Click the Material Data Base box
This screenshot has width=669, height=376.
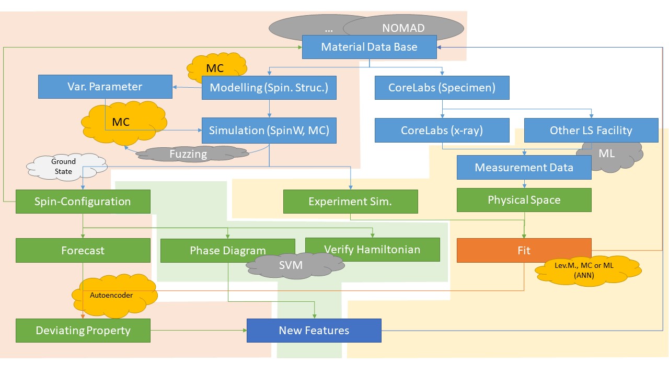[x=370, y=47]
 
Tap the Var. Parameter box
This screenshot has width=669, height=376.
[x=105, y=86]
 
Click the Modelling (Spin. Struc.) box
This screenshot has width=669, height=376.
[x=269, y=87]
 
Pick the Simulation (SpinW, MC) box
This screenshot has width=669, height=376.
[x=269, y=131]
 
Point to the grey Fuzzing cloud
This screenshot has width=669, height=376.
[x=188, y=154]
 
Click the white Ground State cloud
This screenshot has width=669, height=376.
[x=64, y=167]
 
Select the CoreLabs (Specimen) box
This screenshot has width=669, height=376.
[x=442, y=87]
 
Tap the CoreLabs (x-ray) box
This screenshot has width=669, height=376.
[x=442, y=131]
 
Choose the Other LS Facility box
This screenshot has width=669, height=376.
[x=591, y=131]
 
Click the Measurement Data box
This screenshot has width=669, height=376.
[x=524, y=168]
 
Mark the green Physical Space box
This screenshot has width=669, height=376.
[x=524, y=200]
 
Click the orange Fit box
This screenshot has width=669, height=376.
[x=524, y=250]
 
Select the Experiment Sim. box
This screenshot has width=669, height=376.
[x=350, y=202]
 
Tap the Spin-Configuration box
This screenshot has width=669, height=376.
[x=83, y=202]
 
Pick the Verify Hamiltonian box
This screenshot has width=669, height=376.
[x=372, y=249]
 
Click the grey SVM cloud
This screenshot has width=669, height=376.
[x=291, y=265]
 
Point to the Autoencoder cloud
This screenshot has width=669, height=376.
[x=111, y=296]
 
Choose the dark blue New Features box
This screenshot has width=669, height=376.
[x=314, y=331]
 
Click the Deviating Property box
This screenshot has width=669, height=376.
[x=83, y=331]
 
